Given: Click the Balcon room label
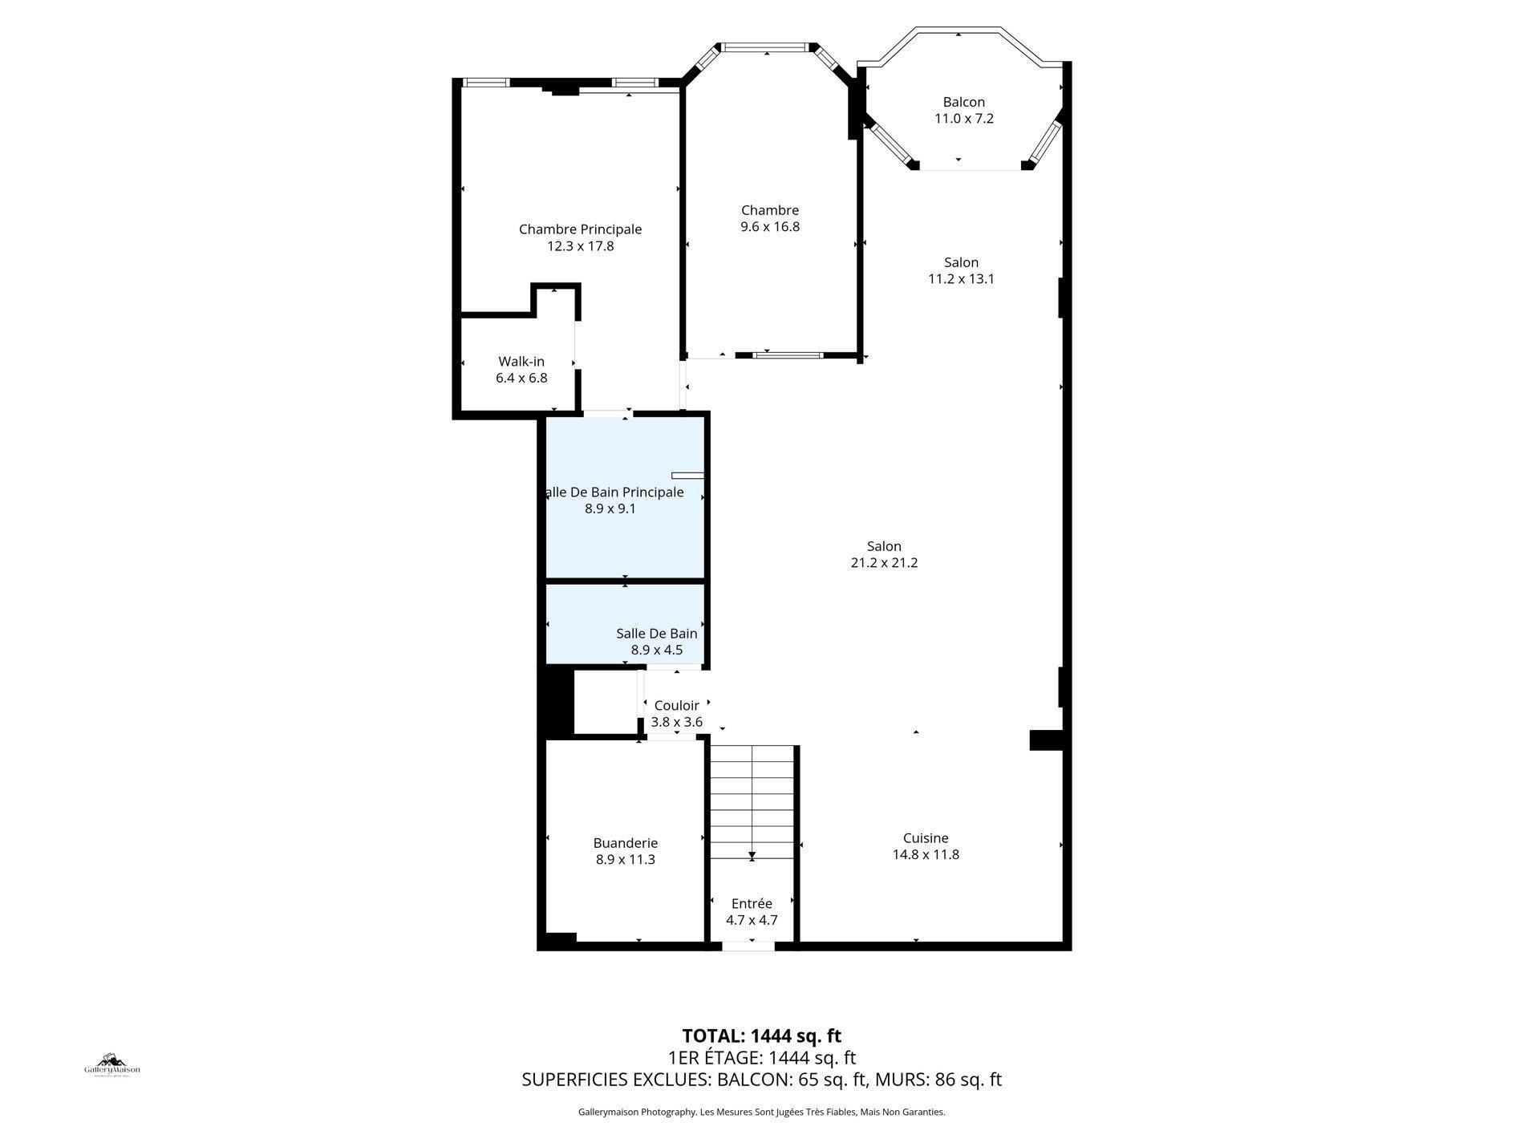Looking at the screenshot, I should click(963, 102).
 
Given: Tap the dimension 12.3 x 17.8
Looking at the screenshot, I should click(580, 246).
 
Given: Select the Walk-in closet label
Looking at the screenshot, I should click(521, 362).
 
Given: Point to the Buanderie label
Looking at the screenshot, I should click(625, 843).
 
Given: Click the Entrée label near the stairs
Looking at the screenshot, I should click(752, 904).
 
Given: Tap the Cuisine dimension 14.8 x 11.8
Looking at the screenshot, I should click(926, 855).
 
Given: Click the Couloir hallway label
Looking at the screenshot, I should click(676, 706).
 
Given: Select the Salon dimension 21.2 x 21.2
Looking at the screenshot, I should click(884, 563).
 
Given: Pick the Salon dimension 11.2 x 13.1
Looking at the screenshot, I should click(961, 279).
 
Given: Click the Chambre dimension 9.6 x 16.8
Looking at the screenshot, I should click(769, 227).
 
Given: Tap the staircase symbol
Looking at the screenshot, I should click(752, 802).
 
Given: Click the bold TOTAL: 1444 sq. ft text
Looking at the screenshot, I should click(761, 1036).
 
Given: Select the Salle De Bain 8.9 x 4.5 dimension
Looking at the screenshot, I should click(656, 651).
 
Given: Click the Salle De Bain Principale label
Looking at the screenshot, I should click(614, 492).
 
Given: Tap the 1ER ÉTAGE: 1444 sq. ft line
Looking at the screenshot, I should click(761, 1058).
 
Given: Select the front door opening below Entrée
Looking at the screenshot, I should click(748, 947).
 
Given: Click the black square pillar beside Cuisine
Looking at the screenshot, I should click(1045, 740).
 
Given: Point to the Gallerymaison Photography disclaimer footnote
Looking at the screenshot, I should click(761, 1113).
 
